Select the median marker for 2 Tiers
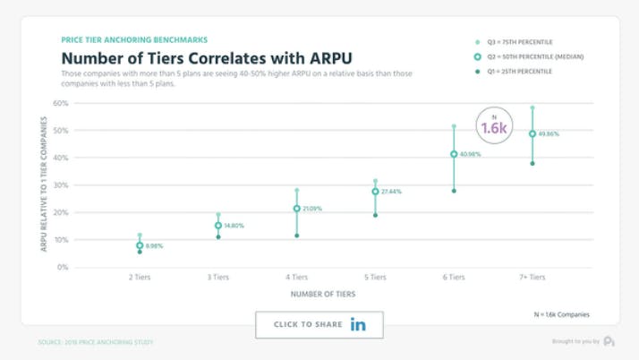pyautogui.click(x=140, y=245)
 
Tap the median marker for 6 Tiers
pyautogui.click(x=454, y=154)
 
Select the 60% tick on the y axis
pyautogui.click(x=61, y=103)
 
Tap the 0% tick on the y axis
pyautogui.click(x=63, y=267)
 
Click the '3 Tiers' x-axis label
pyautogui.click(x=217, y=278)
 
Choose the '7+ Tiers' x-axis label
pyautogui.click(x=532, y=278)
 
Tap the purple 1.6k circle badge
pyautogui.click(x=494, y=126)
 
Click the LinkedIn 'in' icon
pyautogui.click(x=358, y=324)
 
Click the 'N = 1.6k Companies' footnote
pyautogui.click(x=561, y=314)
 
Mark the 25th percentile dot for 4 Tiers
pyautogui.click(x=296, y=236)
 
